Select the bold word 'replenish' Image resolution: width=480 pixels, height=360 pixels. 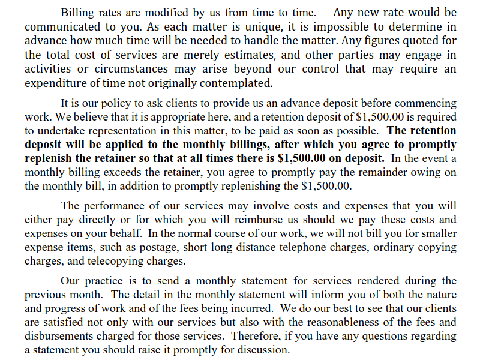[x=50, y=158]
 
